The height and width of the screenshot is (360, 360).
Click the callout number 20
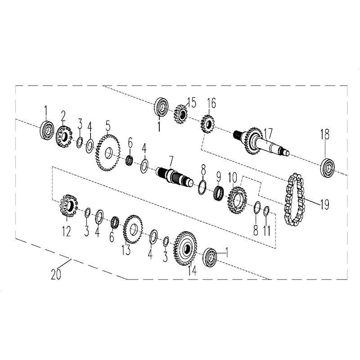56,274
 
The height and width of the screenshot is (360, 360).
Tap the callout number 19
324,204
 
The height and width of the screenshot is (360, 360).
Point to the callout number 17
268,133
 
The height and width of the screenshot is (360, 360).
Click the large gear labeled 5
108,153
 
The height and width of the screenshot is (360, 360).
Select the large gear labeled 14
185,248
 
